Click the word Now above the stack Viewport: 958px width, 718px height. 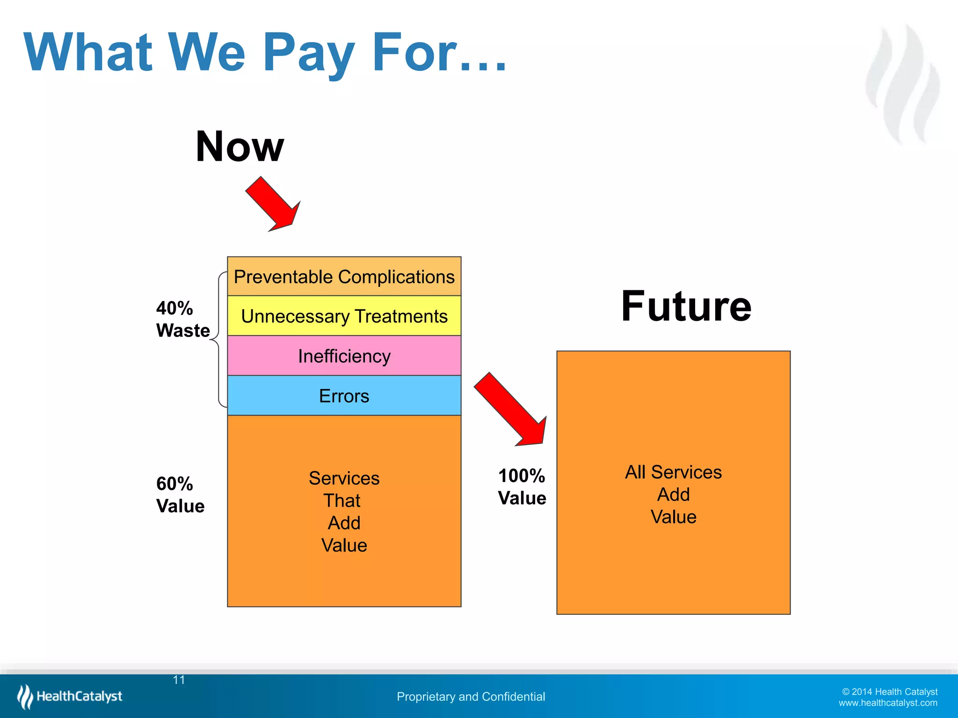239,147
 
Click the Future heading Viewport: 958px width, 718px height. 686,307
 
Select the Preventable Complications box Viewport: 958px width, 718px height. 344,277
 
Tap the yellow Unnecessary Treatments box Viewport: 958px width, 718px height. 344,316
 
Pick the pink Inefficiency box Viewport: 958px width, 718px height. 344,356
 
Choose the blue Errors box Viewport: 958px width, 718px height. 344,396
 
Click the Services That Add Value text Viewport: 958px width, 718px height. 344,511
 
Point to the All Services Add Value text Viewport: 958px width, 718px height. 673,495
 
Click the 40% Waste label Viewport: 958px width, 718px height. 182,319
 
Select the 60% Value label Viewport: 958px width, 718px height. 180,495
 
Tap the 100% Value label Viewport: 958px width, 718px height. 522,487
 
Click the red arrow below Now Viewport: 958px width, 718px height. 274,205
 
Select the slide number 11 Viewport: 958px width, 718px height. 179,680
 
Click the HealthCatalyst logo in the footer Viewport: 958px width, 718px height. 70,696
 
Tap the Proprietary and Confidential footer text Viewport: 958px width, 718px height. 471,696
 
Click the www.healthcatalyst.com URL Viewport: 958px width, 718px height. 887,703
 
